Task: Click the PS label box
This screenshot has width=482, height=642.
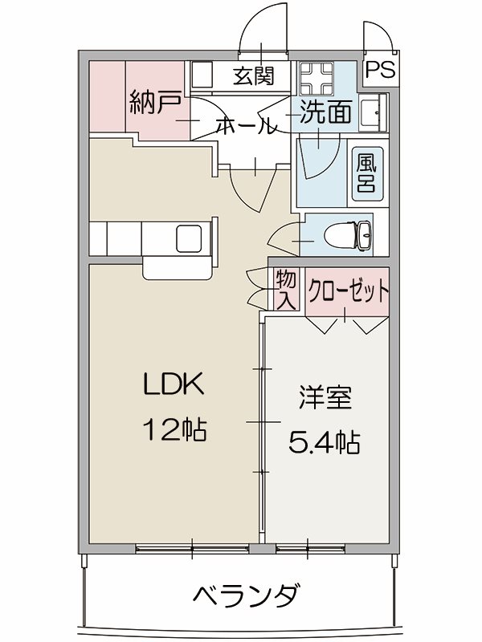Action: pyautogui.click(x=382, y=70)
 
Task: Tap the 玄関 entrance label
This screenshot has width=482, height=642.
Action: pyautogui.click(x=254, y=76)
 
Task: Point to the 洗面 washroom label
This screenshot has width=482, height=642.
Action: pyautogui.click(x=326, y=114)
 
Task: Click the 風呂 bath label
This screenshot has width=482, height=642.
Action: pyautogui.click(x=367, y=171)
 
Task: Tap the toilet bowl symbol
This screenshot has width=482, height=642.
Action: pyautogui.click(x=347, y=236)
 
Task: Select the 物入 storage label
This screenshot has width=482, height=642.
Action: pyautogui.click(x=285, y=291)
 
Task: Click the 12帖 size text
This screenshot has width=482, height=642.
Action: pyautogui.click(x=174, y=431)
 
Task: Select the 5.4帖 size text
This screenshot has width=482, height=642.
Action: pyautogui.click(x=324, y=441)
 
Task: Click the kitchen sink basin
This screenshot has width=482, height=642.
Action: pyautogui.click(x=193, y=238)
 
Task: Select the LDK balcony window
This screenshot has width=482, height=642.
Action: pyautogui.click(x=193, y=550)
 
